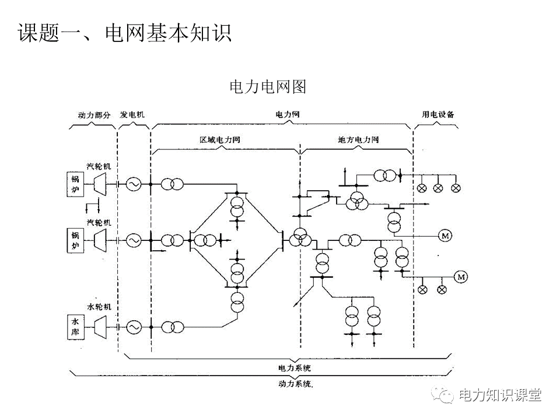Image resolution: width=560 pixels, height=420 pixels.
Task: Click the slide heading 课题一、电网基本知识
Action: (x=125, y=33)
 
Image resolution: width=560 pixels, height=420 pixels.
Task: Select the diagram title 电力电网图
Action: (x=268, y=87)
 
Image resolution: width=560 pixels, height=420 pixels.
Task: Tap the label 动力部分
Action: (x=94, y=115)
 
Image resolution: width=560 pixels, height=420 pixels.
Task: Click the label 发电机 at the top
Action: (x=132, y=115)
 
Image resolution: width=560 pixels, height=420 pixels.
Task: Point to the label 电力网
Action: (x=288, y=115)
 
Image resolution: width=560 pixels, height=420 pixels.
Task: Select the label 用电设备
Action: (x=438, y=115)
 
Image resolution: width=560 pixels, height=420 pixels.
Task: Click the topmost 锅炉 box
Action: (x=75, y=184)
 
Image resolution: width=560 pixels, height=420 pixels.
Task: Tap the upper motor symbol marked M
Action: (x=446, y=236)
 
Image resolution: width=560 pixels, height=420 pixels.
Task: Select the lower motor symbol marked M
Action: (x=461, y=276)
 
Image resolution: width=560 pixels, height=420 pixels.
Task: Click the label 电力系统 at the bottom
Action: (x=294, y=369)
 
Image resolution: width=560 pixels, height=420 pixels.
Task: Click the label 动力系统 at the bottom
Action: (x=295, y=384)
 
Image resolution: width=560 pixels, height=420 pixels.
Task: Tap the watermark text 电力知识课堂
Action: (x=501, y=395)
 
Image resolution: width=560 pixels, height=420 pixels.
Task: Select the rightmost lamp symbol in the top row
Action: (x=457, y=188)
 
